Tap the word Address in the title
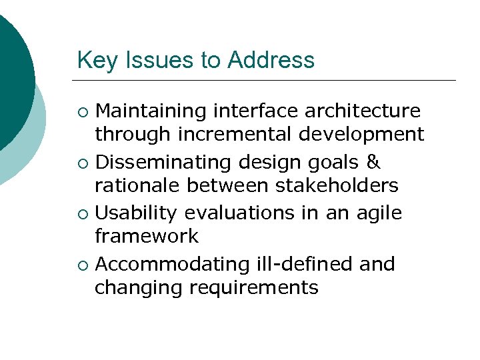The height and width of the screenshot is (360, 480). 271,61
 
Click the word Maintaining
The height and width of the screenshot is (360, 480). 153,111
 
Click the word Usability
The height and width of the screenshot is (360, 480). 137,213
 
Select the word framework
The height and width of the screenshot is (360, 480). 147,236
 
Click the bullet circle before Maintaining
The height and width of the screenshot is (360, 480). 82,111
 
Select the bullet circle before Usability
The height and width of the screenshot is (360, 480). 82,214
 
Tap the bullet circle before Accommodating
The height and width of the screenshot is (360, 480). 82,265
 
